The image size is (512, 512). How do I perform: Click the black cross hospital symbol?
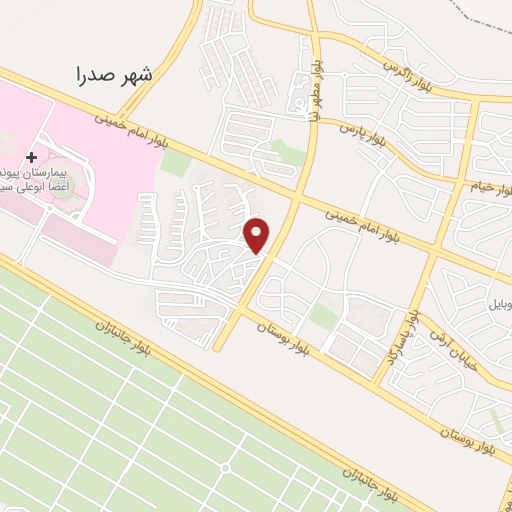pos(33,157)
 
